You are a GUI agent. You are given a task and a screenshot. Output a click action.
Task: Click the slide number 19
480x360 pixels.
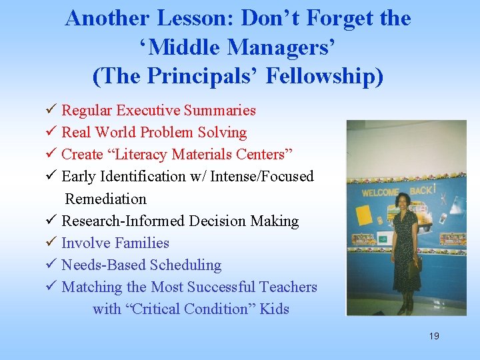click(434, 336)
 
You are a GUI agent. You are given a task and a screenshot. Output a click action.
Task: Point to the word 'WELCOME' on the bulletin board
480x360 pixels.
click(381, 193)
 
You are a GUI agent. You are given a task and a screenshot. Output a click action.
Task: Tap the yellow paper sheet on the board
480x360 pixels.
click(365, 216)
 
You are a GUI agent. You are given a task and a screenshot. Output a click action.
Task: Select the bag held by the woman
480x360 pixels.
click(414, 267)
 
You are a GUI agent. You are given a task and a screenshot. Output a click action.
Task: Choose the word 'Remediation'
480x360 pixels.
click(105, 199)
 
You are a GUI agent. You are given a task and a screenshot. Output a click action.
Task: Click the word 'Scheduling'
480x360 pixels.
click(185, 265)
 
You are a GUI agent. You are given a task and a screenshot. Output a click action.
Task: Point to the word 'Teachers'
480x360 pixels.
click(288, 287)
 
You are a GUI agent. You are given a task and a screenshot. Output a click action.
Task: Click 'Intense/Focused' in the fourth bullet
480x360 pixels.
click(262, 177)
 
